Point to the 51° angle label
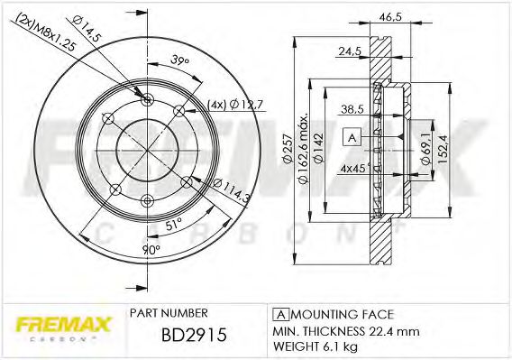tap(172, 221)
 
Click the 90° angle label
tap(151, 248)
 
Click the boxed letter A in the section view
tap(352, 137)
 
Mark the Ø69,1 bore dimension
tap(424, 149)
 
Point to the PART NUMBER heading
tap(169, 314)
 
